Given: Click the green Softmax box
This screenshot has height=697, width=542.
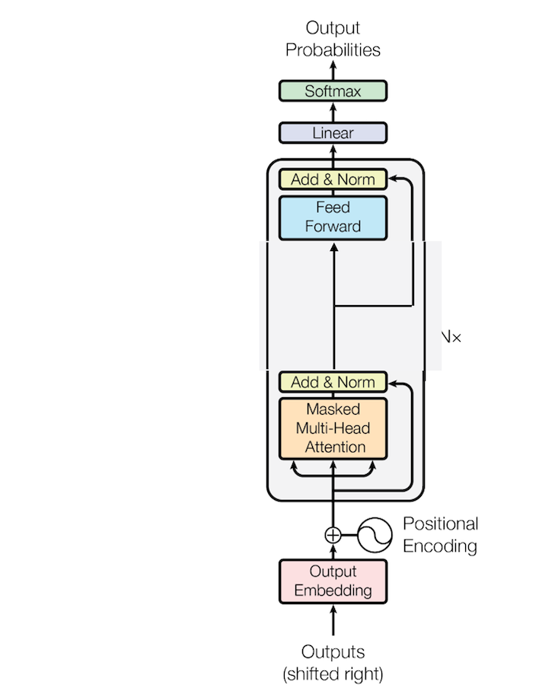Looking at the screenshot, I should (x=333, y=91).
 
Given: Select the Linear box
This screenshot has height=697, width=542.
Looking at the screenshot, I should (x=333, y=133).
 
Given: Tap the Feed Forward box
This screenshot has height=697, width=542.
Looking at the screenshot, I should (x=333, y=217).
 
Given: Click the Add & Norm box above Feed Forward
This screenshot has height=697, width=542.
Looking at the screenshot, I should (x=333, y=180).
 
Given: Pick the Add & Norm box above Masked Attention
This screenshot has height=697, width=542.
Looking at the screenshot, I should (x=333, y=382).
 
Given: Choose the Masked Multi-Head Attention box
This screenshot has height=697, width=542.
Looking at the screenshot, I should (x=333, y=428).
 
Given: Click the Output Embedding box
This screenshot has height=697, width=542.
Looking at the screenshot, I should (x=333, y=581).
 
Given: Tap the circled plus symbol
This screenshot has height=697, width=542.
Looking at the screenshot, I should (x=333, y=535).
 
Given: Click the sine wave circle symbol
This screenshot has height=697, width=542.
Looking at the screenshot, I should (x=375, y=535).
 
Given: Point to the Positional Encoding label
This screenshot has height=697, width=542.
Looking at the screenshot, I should (x=440, y=535).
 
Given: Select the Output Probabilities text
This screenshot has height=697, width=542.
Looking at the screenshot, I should (x=333, y=40).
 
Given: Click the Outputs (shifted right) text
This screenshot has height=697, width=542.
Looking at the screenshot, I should (x=333, y=663).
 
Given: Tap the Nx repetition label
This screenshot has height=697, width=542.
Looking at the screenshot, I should (x=451, y=336).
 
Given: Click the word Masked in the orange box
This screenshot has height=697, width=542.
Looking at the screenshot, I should (x=333, y=409).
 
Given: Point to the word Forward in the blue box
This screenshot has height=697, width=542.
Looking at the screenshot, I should (x=333, y=226).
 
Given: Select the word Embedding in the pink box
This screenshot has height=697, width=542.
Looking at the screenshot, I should (x=333, y=590).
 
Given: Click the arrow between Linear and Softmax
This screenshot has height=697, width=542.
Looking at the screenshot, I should (x=333, y=112).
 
